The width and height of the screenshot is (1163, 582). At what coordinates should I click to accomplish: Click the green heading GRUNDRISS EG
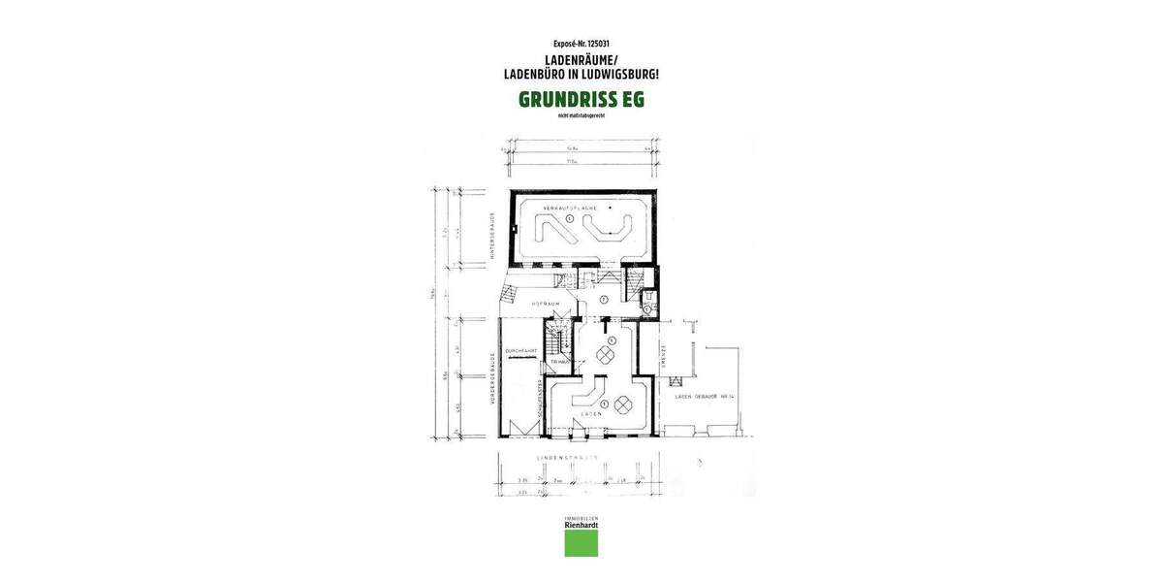[581, 99]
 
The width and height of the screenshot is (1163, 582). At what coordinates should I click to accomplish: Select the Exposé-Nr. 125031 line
[581, 44]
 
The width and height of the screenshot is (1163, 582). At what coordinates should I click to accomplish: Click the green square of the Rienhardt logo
[581, 543]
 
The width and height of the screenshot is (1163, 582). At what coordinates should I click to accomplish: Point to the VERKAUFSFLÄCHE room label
[568, 208]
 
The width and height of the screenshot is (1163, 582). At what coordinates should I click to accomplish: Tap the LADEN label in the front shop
[591, 414]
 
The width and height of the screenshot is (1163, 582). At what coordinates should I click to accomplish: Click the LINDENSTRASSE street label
[567, 456]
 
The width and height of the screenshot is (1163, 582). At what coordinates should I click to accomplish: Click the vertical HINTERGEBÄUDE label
[493, 236]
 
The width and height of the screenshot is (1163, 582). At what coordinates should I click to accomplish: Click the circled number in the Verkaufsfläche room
[571, 219]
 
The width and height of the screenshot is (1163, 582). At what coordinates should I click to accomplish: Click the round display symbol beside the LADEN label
[622, 404]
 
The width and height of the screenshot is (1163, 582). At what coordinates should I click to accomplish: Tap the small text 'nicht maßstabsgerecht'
[581, 116]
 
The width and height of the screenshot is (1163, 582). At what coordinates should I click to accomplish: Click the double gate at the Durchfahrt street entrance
[519, 429]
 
